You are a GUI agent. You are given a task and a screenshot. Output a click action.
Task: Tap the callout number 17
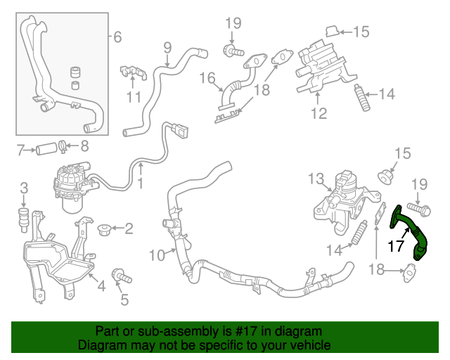coord(397,247)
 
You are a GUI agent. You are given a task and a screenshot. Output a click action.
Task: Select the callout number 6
coord(117,37)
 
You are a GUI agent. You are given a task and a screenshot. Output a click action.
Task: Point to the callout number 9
coord(167,48)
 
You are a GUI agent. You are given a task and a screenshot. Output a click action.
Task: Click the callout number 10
coord(156,254)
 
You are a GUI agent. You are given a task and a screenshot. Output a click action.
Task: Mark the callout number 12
coord(319,112)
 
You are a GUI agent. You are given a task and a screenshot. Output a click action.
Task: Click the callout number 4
coord(101,285)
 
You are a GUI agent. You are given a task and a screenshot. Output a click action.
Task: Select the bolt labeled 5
coord(121,276)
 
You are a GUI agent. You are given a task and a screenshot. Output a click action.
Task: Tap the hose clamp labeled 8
coord(63,146)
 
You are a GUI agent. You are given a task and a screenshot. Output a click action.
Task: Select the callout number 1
coord(140,184)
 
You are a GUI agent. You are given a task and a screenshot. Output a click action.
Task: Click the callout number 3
coord(23,187)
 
